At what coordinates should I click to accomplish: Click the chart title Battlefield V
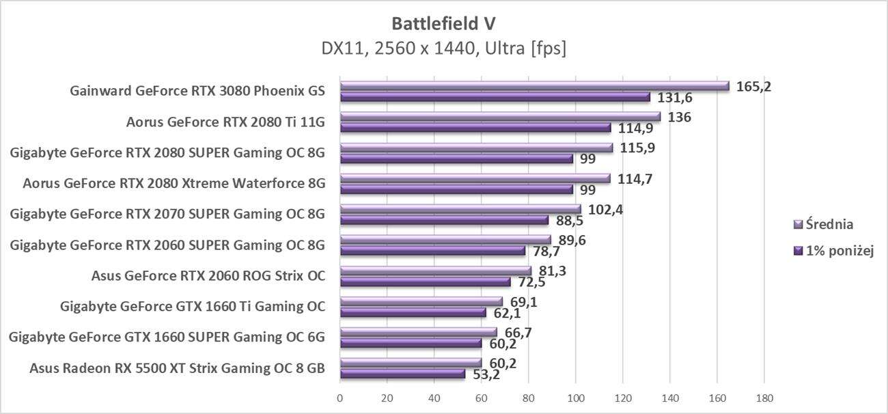(x=443, y=23)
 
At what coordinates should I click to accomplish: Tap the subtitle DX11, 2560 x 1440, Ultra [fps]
(x=443, y=49)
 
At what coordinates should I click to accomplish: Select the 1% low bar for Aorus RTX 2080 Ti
(x=475, y=128)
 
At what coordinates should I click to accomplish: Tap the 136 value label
(x=679, y=117)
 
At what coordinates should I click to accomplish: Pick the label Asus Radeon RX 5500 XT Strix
(x=177, y=368)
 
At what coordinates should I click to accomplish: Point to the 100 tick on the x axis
(x=575, y=398)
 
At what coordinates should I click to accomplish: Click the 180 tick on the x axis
(x=764, y=398)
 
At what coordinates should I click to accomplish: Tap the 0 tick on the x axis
(x=340, y=398)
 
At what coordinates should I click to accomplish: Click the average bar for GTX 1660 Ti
(x=421, y=301)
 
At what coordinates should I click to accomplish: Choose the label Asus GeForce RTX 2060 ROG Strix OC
(x=208, y=276)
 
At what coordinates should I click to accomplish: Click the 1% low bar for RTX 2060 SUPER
(x=432, y=251)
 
